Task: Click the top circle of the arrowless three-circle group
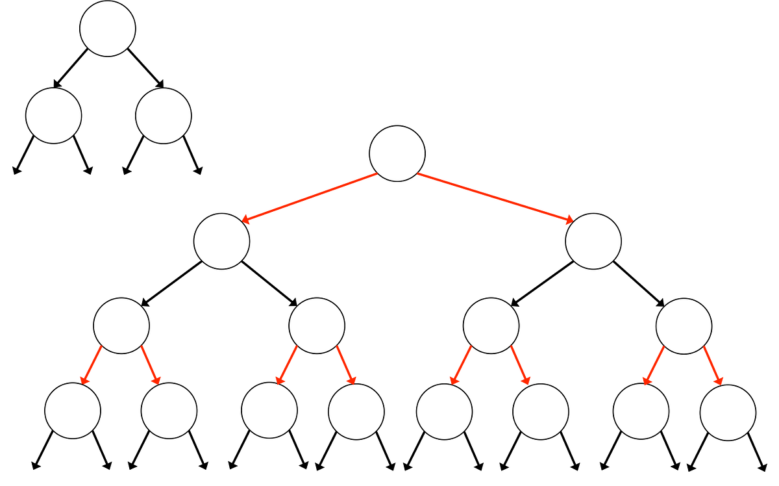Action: (108, 29)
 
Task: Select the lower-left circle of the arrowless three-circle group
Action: (54, 116)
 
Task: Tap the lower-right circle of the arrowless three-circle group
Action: (164, 116)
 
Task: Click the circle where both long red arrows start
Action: (397, 154)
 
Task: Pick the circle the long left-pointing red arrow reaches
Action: (222, 241)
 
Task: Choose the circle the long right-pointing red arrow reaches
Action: (593, 241)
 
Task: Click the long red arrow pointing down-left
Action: (309, 198)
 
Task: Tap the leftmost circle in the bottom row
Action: (73, 411)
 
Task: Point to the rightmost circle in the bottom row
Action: (728, 412)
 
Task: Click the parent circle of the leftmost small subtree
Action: (121, 326)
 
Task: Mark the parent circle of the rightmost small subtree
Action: (684, 326)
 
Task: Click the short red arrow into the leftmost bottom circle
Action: (90, 365)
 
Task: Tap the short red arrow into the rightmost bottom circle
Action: (714, 366)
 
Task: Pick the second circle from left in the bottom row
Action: (169, 411)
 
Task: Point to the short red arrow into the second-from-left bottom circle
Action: (152, 364)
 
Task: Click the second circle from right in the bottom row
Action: (641, 411)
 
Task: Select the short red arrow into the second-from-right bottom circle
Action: (653, 365)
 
